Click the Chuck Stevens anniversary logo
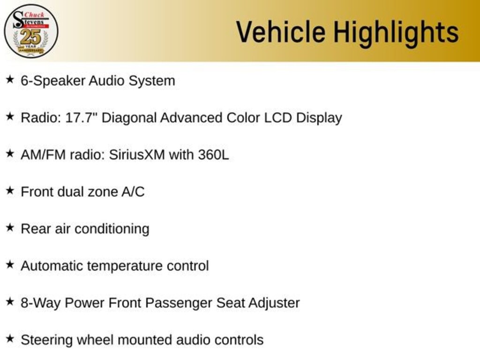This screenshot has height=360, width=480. point(31,31)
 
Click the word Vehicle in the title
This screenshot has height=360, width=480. point(280,32)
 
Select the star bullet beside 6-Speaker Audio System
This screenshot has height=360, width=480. point(9,80)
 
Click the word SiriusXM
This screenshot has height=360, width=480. point(137,155)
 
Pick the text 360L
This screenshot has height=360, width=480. point(213,155)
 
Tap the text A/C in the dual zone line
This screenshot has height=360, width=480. point(133,192)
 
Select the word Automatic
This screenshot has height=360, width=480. point(52,266)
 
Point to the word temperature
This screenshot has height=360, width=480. point(125,266)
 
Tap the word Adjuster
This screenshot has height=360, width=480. point(274,303)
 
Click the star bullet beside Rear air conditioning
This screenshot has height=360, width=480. point(9,228)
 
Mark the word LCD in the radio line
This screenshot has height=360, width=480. point(278,117)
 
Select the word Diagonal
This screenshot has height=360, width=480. point(129,117)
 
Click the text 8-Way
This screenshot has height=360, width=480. point(40,303)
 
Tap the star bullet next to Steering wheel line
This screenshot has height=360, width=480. point(9,339)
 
